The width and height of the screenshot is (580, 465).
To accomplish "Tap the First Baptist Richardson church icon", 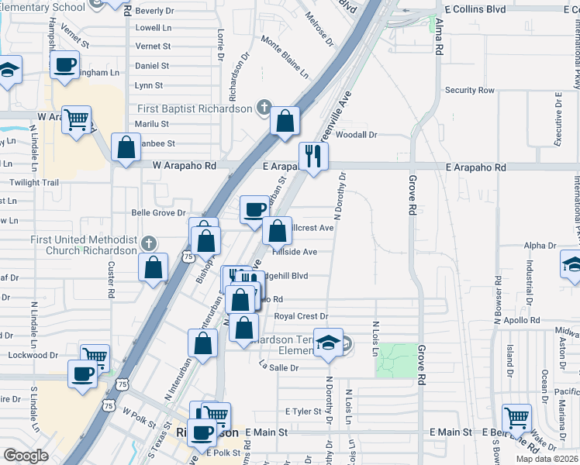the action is click(264, 108).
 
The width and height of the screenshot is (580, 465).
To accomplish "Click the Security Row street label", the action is click(470, 91).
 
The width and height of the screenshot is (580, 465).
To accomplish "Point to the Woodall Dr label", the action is click(357, 135).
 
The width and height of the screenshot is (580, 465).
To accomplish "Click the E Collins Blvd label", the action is click(475, 9).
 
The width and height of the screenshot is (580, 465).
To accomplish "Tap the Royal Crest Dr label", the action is click(302, 316).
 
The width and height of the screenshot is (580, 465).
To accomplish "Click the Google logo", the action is click(26, 456).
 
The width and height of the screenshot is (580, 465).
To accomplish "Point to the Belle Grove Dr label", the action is click(159, 212).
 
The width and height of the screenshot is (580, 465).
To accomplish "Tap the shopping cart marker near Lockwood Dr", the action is click(95, 356).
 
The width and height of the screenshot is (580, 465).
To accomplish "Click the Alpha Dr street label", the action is click(540, 246).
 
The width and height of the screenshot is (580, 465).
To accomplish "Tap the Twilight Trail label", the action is click(34, 183).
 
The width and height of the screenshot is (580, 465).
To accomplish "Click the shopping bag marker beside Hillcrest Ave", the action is click(277, 229).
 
